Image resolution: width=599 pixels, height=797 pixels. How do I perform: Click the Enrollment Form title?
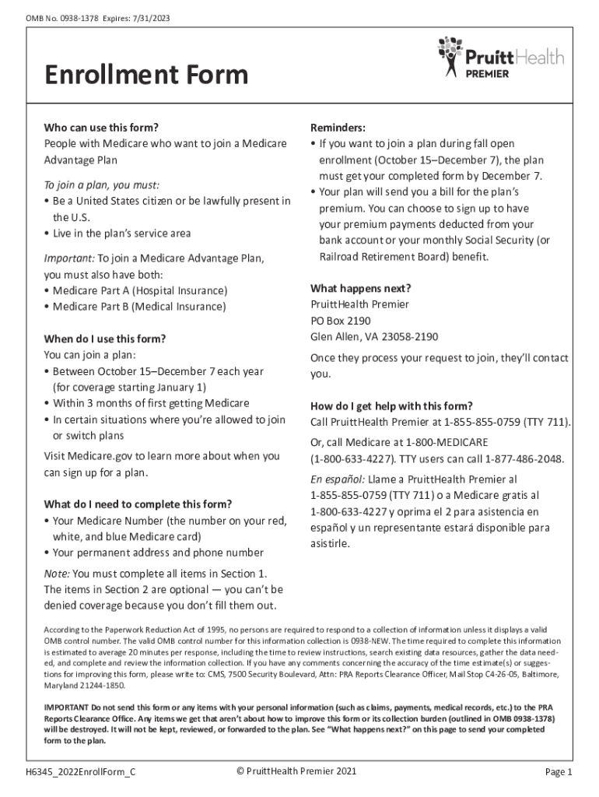(x=146, y=75)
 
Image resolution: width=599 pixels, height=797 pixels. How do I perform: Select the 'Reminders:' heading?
(x=338, y=128)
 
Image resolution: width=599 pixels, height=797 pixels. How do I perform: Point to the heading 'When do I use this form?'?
(x=105, y=339)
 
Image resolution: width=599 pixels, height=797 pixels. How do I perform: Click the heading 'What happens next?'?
(x=360, y=288)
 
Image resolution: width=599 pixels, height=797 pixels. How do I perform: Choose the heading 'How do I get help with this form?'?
(x=391, y=406)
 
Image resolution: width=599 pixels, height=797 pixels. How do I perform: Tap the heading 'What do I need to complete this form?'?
(x=138, y=504)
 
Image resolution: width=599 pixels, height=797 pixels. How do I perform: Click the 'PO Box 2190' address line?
(x=341, y=321)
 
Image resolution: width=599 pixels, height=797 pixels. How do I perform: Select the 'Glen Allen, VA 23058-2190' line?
(x=374, y=337)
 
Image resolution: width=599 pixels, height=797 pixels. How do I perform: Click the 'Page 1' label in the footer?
(x=559, y=772)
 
